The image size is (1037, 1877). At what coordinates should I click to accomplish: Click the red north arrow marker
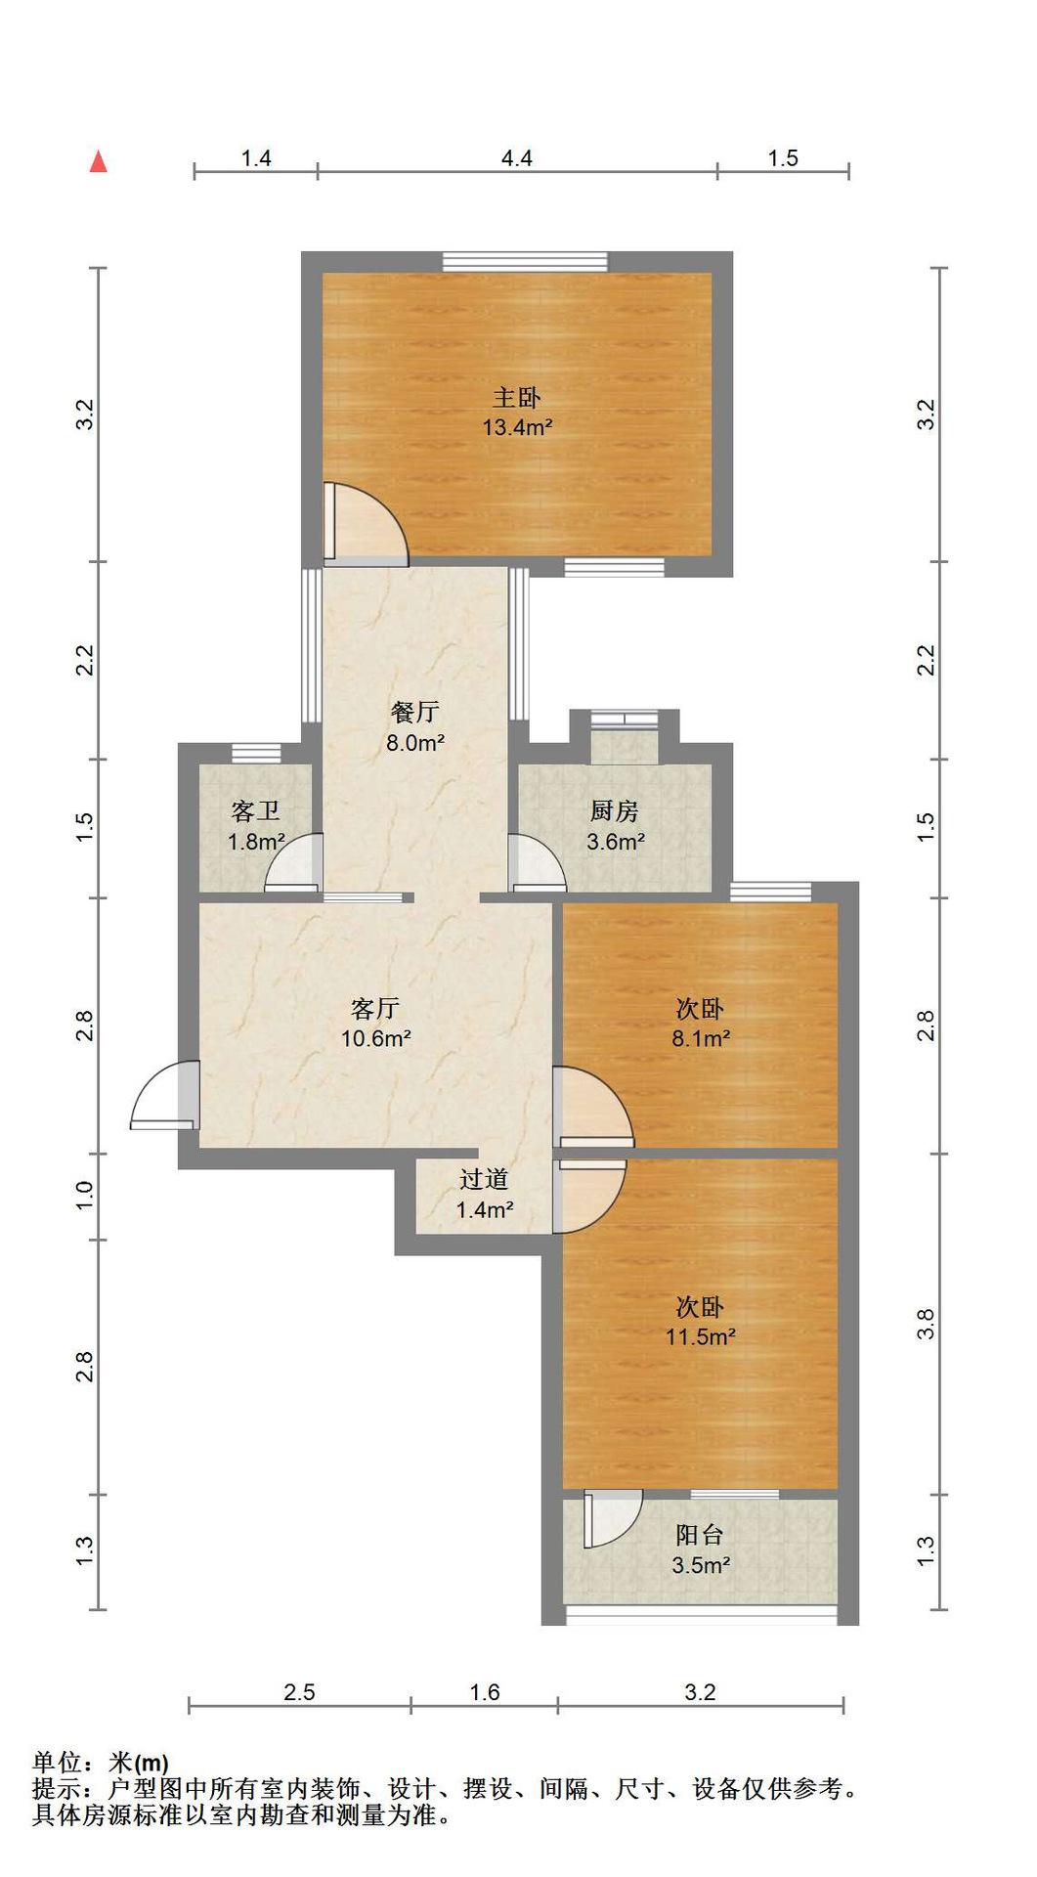98,161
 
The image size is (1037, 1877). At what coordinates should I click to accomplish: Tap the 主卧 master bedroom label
517,397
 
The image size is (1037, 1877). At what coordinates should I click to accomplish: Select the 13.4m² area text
517,427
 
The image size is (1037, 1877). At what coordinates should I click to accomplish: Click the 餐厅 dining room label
415,712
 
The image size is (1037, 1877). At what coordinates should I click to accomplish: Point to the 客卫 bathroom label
256,810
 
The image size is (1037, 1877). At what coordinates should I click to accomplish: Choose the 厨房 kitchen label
615,810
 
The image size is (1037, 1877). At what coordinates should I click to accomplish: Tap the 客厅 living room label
375,1008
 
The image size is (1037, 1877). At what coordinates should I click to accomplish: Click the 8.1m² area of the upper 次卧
701,1038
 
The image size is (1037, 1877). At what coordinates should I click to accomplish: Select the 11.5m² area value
701,1336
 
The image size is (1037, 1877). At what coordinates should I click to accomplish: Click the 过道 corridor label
485,1179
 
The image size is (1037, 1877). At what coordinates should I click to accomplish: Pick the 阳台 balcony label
701,1535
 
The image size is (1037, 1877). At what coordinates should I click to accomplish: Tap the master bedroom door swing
366,524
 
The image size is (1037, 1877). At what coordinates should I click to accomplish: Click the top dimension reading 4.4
517,157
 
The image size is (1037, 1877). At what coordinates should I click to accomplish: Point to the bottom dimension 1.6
485,1692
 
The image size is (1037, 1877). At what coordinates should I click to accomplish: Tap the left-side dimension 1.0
84,1196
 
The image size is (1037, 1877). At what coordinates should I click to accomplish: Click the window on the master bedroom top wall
525,262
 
